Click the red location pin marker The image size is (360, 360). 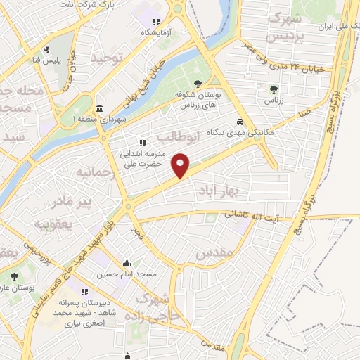[x=181, y=165]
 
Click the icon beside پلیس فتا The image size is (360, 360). [x=46, y=50]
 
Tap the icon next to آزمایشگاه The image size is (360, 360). [x=156, y=22]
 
